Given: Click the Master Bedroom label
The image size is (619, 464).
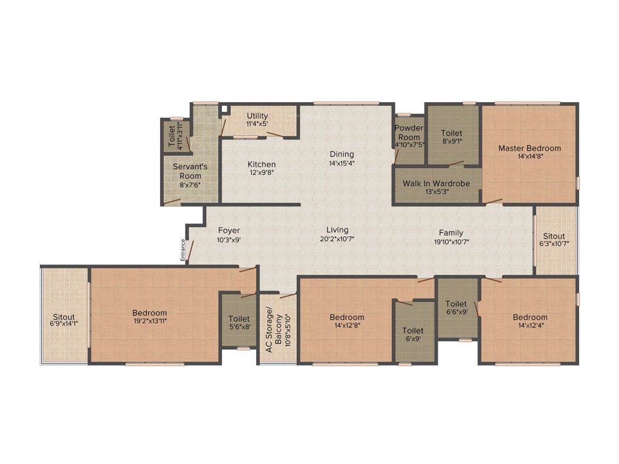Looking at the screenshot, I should (x=529, y=148).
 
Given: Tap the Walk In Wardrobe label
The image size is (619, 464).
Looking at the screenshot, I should (x=438, y=183).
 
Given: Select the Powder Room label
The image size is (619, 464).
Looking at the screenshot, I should (x=409, y=132).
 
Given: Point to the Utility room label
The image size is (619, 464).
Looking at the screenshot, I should (x=257, y=116).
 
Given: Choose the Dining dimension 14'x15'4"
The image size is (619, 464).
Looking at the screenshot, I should (x=342, y=163).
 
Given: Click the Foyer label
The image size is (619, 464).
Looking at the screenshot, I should (x=229, y=230).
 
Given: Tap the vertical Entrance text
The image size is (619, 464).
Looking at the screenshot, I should (x=183, y=250).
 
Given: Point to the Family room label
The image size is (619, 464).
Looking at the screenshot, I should (x=451, y=233).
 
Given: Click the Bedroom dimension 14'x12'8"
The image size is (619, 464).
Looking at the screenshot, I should (x=347, y=326).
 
